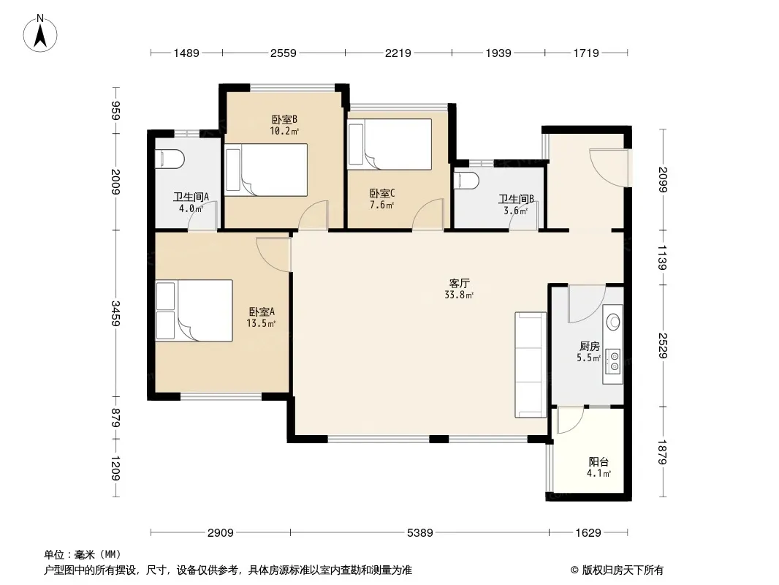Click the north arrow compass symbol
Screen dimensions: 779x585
pyautogui.click(x=40, y=34)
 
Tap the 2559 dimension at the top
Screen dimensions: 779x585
pyautogui.click(x=284, y=53)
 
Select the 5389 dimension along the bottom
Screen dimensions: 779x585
pyautogui.click(x=419, y=533)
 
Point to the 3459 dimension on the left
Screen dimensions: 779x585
pyautogui.click(x=115, y=314)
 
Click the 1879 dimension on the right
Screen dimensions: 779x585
pyautogui.click(x=662, y=453)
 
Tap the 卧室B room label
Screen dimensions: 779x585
pyautogui.click(x=284, y=120)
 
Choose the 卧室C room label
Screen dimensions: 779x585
pyautogui.click(x=382, y=193)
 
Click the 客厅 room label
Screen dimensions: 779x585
pyautogui.click(x=459, y=283)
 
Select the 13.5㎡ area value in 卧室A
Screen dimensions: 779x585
pyautogui.click(x=261, y=323)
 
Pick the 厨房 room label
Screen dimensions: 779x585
pyautogui.click(x=589, y=346)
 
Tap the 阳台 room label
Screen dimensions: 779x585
pyautogui.click(x=598, y=461)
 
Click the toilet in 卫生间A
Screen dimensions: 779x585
pyautogui.click(x=170, y=159)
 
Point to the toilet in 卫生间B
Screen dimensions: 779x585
pyautogui.click(x=466, y=181)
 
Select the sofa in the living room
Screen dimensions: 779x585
pyautogui.click(x=531, y=365)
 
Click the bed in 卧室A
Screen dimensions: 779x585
pyautogui.click(x=194, y=311)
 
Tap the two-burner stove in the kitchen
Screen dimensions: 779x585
pyautogui.click(x=615, y=361)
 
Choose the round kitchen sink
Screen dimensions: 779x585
pyautogui.click(x=614, y=322)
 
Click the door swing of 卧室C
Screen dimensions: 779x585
pyautogui.click(x=428, y=214)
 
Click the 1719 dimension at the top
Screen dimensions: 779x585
pyautogui.click(x=586, y=53)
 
